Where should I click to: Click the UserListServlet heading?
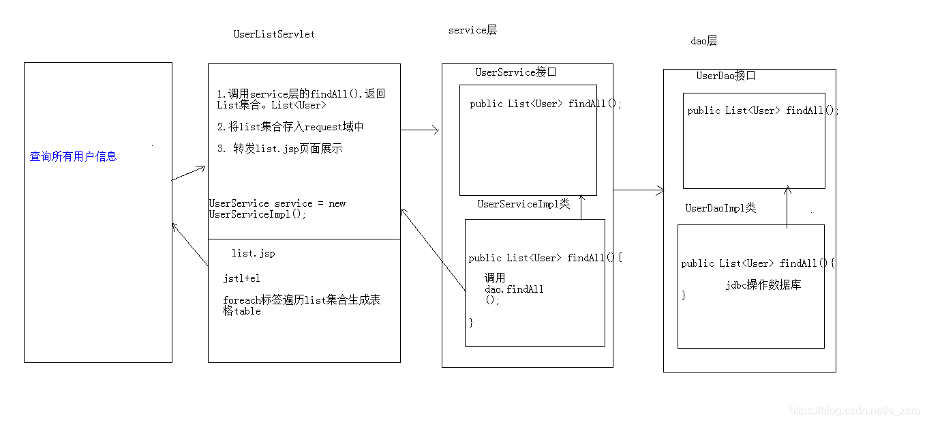(x=274, y=34)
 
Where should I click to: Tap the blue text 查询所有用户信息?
(x=73, y=156)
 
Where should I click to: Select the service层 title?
(x=472, y=30)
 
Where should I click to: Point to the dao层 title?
(x=703, y=41)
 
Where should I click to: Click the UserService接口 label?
(x=516, y=72)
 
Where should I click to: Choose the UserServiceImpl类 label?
(x=523, y=204)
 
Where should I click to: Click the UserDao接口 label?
(x=725, y=76)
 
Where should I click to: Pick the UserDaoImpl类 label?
(x=720, y=208)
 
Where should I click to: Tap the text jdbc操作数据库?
(x=763, y=285)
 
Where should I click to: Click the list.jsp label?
(x=253, y=253)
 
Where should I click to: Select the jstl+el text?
(x=241, y=278)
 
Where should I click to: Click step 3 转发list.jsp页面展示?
(x=279, y=149)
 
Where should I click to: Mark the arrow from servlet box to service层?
(x=419, y=130)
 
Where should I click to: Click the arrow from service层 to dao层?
(x=639, y=190)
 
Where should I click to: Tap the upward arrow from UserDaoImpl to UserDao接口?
(x=787, y=206)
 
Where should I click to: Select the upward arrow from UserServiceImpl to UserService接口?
(x=581, y=207)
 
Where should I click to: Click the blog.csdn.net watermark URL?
(x=855, y=411)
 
